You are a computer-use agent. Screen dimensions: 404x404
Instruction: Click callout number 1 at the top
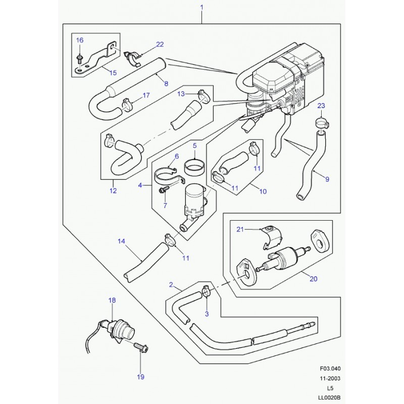click(x=201, y=7)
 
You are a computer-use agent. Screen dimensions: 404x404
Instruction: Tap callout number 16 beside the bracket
click(x=80, y=40)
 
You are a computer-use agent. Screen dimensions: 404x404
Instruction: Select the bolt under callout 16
click(x=80, y=59)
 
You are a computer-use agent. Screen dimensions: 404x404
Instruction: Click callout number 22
click(x=160, y=44)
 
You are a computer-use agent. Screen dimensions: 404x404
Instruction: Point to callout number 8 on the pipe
click(x=166, y=83)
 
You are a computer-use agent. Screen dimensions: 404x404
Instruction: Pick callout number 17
click(x=146, y=95)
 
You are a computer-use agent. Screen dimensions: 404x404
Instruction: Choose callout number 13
click(x=181, y=94)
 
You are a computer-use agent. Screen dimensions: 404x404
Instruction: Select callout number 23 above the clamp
click(x=321, y=106)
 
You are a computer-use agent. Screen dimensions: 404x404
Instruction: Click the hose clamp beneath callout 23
click(x=322, y=122)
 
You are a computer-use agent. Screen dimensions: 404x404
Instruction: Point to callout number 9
click(x=327, y=179)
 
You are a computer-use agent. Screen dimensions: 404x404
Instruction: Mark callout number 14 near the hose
click(x=121, y=241)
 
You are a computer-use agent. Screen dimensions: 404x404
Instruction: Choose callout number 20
click(x=313, y=279)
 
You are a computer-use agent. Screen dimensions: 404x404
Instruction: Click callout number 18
click(x=112, y=300)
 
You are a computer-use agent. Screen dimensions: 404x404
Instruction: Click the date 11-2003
click(x=330, y=378)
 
